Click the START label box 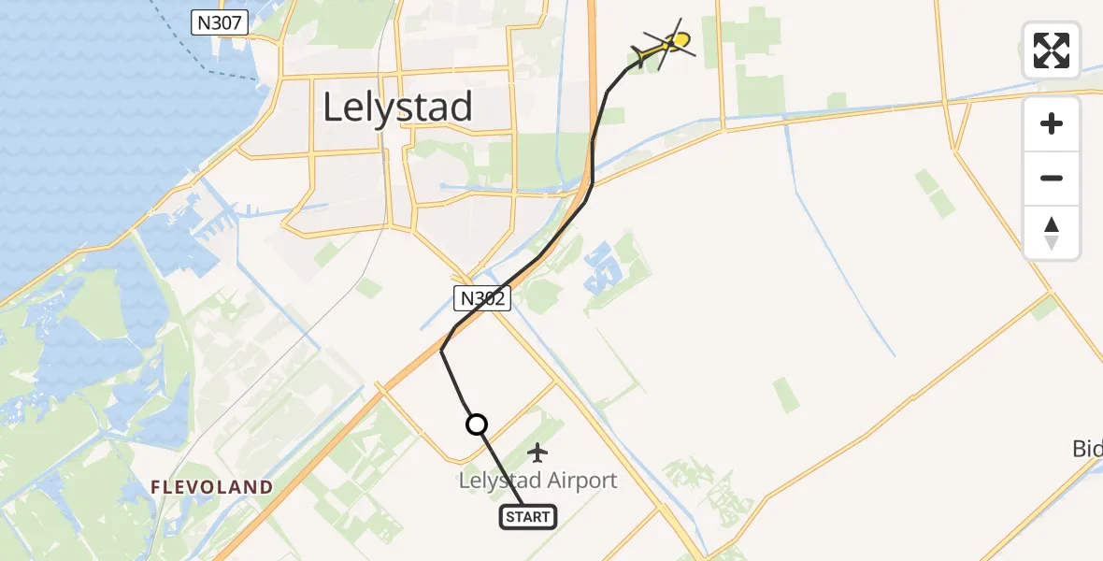(529, 516)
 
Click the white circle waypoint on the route (477, 424)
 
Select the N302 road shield (483, 299)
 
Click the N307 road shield (219, 23)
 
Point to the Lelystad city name (397, 108)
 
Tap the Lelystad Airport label (537, 481)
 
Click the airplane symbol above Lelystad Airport (537, 453)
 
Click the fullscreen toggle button (1052, 50)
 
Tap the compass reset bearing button (1052, 233)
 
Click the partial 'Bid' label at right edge (1087, 450)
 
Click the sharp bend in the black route (441, 351)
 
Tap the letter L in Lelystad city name (332, 108)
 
